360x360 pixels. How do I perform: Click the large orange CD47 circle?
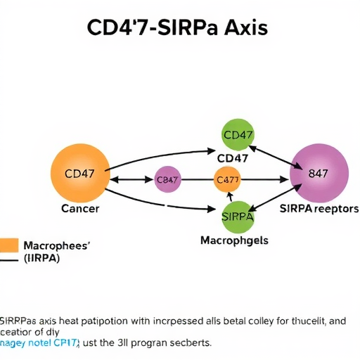point(79,172)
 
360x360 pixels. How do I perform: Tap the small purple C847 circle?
point(167,180)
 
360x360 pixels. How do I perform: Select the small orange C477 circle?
point(227,180)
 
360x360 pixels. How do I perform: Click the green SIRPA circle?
point(238,216)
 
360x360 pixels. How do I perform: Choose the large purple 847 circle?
point(319,173)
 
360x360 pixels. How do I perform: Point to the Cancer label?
point(80,209)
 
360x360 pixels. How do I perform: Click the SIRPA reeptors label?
point(319,209)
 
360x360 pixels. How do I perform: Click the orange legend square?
point(8,245)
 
